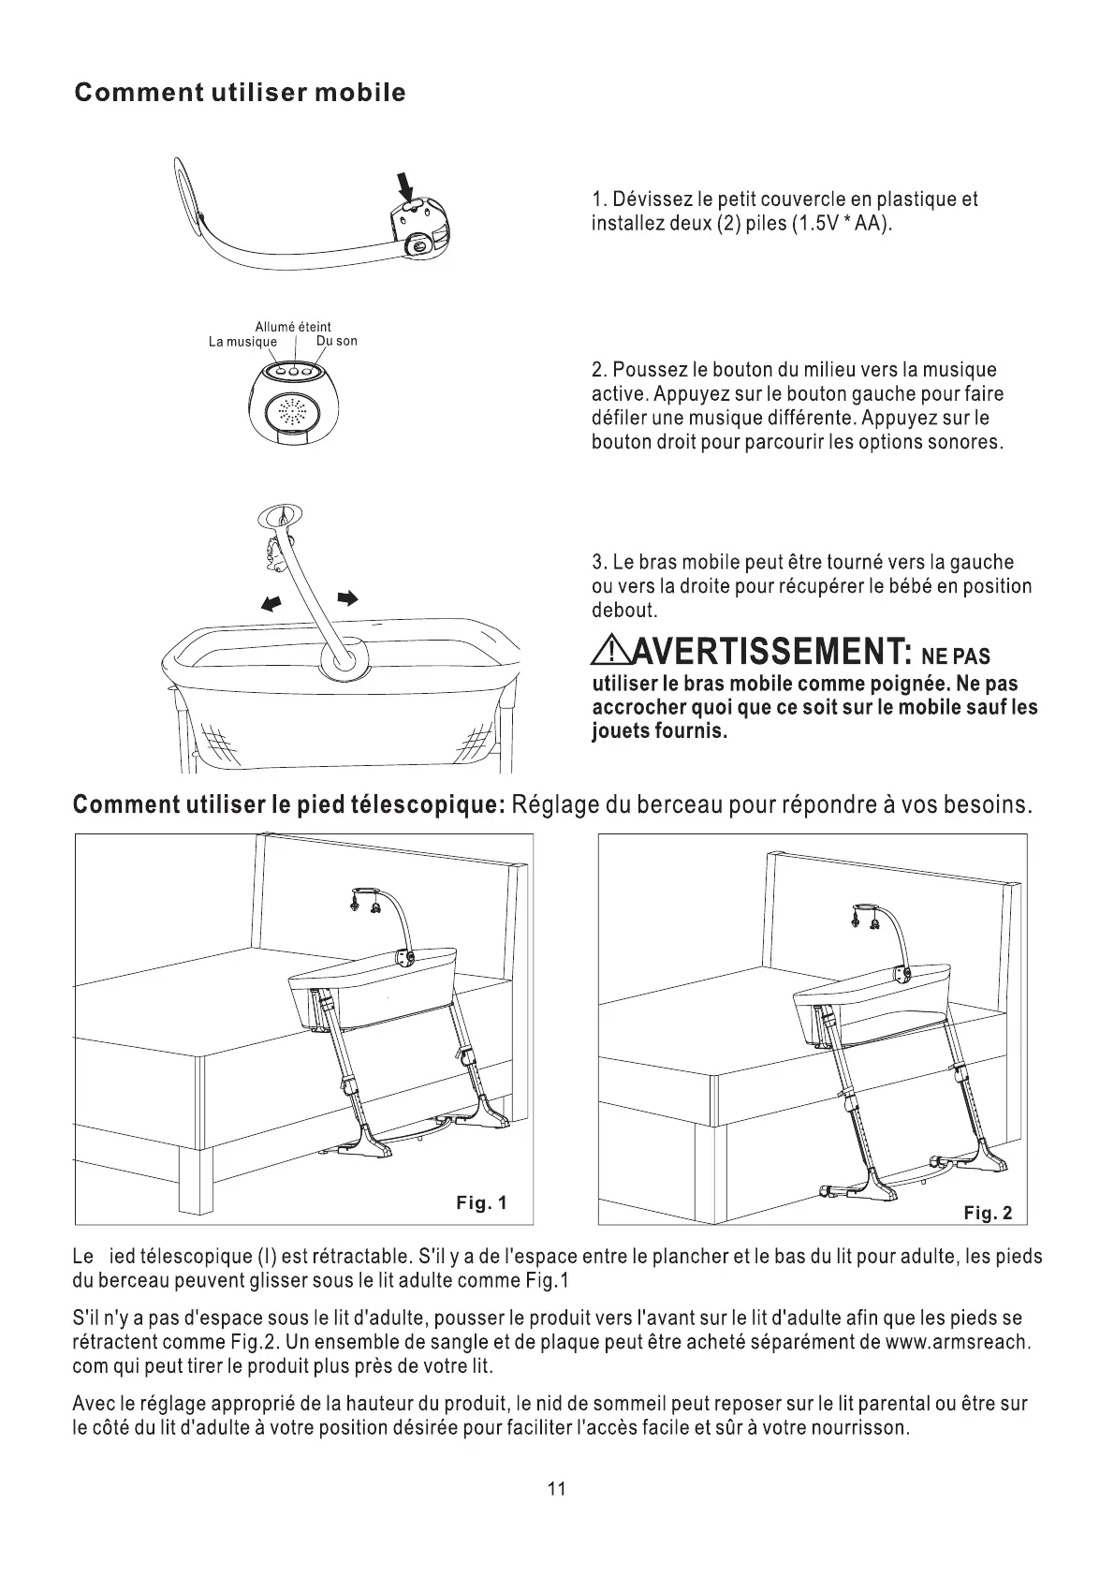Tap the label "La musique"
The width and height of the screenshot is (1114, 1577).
pos(242,342)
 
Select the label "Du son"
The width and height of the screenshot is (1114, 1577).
pos(337,341)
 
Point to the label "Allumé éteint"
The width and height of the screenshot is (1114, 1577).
pos(293,327)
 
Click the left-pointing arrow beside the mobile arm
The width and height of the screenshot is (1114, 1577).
pos(272,604)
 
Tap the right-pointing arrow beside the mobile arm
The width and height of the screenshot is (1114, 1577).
pos(347,597)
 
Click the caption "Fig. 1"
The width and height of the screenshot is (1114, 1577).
pos(481,1202)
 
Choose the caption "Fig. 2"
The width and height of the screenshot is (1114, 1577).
pos(988,1214)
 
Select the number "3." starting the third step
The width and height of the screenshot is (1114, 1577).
pos(600,563)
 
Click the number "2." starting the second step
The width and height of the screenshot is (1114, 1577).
pos(600,370)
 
